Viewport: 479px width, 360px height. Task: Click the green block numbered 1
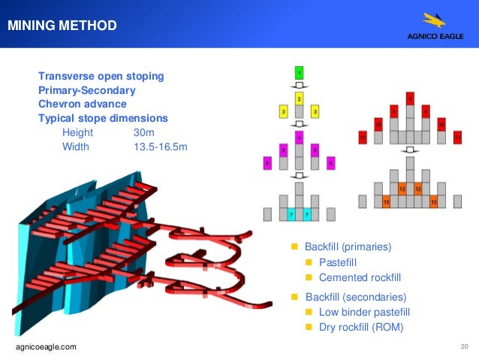pyautogui.click(x=299, y=73)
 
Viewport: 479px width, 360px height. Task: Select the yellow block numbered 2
pyautogui.click(x=299, y=98)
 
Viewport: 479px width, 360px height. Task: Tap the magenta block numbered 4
pyautogui.click(x=299, y=138)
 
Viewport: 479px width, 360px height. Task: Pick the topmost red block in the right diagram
pyautogui.click(x=409, y=98)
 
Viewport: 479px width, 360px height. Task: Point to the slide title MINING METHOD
pyautogui.click(x=62, y=26)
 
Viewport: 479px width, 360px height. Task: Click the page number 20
pyautogui.click(x=463, y=346)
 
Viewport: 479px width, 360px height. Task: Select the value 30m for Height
pyautogui.click(x=143, y=132)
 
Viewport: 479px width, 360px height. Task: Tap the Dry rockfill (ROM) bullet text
pyautogui.click(x=361, y=327)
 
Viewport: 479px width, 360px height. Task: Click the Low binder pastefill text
pyautogui.click(x=363, y=312)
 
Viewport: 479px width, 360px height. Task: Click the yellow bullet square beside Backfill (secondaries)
pyautogui.click(x=295, y=297)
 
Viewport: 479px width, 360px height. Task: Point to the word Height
pyautogui.click(x=77, y=132)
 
